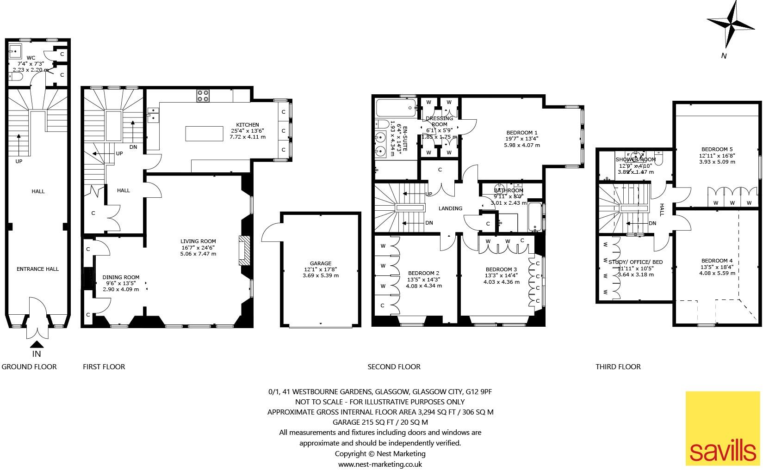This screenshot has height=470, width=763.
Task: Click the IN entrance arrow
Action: (37, 344)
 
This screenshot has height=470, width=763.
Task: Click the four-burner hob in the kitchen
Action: (203, 96)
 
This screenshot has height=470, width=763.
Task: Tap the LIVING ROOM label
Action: (198, 241)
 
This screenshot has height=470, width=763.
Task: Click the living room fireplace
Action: (244, 251)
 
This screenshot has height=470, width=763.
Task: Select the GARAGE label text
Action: (321, 263)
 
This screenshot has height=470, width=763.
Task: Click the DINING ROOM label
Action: (120, 277)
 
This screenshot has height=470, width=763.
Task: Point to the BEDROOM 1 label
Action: (522, 132)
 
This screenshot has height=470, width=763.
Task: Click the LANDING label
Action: (450, 208)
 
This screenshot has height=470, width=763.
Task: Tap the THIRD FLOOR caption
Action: (618, 367)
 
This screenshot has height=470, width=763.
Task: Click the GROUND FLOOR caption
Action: (29, 367)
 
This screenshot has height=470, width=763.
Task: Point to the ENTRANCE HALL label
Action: (38, 269)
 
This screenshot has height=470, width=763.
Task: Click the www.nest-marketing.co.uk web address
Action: (380, 464)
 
